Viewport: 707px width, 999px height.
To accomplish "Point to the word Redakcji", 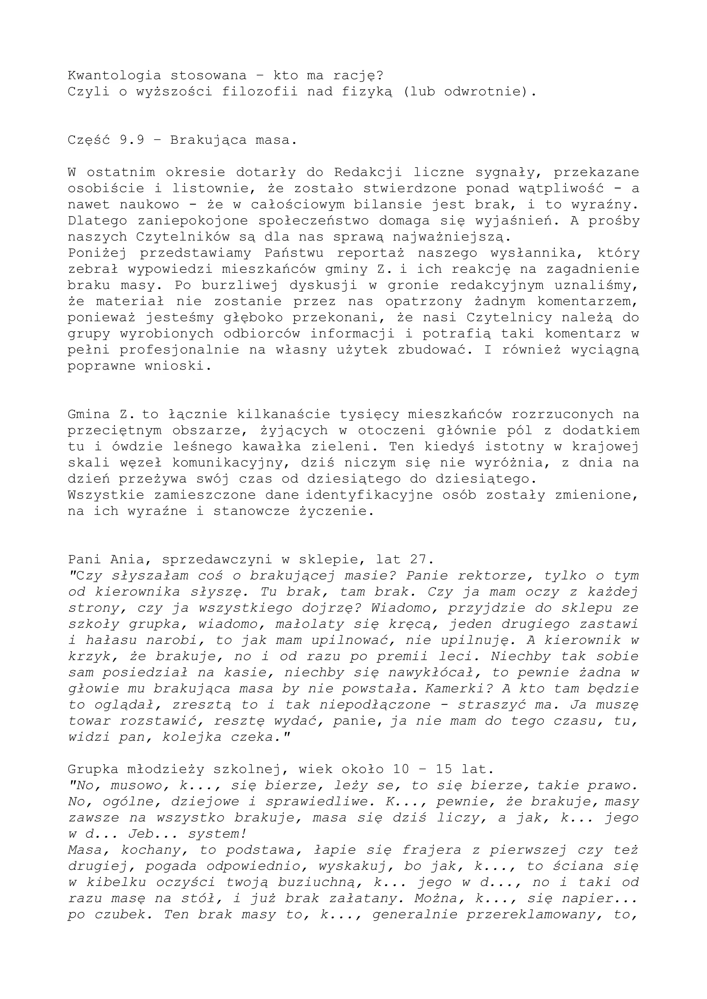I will click(368, 172).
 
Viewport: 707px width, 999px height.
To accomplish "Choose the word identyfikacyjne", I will click(369, 495).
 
